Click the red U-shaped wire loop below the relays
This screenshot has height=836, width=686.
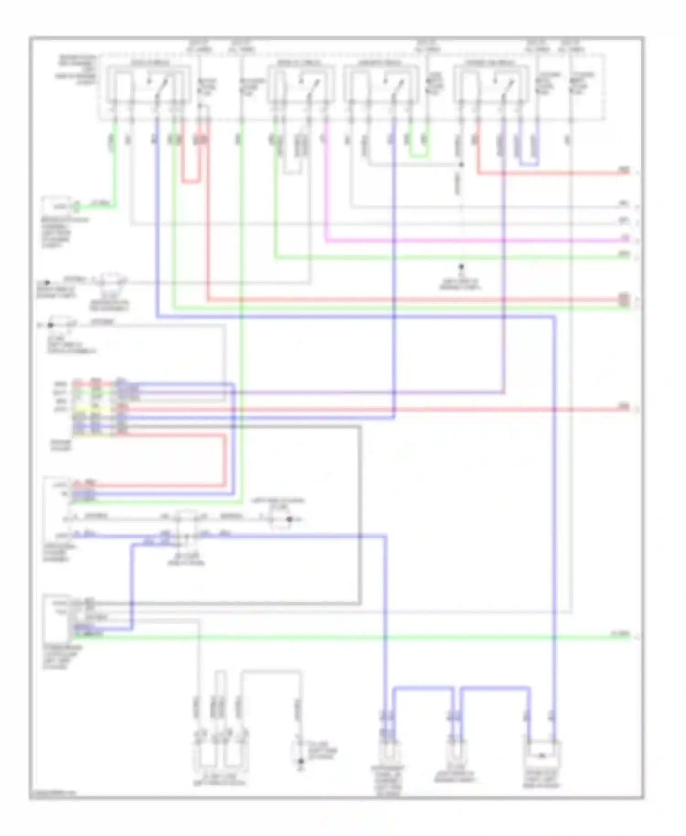(190, 182)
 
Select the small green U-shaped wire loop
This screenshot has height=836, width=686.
(418, 156)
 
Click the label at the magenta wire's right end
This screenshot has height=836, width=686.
(625, 238)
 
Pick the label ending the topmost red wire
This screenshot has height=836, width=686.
(625, 170)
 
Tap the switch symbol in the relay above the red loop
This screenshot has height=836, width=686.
(162, 85)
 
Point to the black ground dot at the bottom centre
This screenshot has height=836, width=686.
(300, 761)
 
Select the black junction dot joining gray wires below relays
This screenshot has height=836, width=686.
(461, 165)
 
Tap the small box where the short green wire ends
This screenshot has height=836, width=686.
(57, 205)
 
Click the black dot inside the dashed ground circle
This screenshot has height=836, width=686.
(289, 519)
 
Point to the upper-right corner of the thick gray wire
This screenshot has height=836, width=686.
(360, 428)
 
